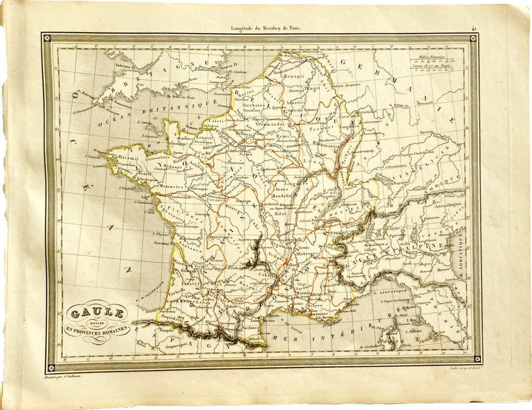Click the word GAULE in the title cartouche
coord(97,313)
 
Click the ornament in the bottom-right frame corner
coord(475,358)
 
